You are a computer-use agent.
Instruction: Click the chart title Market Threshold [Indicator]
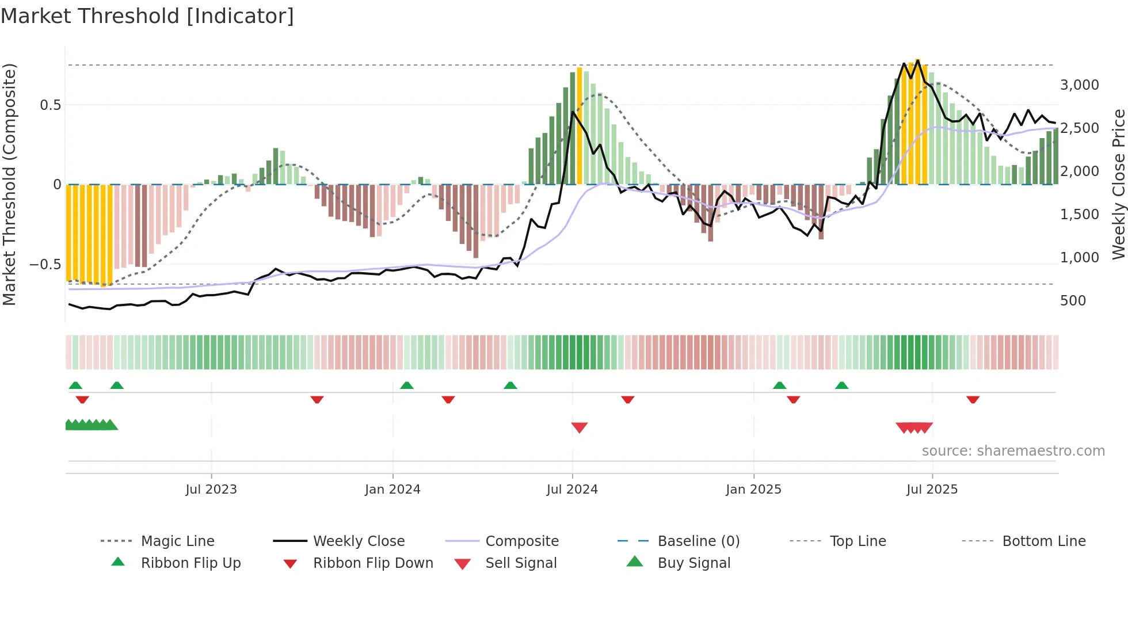point(147,16)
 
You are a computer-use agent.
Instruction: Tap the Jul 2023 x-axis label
point(211,490)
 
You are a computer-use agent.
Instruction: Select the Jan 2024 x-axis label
point(392,490)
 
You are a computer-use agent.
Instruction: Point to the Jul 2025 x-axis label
point(932,490)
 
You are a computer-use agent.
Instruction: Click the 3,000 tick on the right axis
point(1079,85)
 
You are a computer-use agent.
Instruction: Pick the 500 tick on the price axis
point(1073,301)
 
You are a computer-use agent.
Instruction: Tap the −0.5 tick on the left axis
point(45,265)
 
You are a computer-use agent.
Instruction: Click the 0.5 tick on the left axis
point(50,105)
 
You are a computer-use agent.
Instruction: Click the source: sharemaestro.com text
point(1013,451)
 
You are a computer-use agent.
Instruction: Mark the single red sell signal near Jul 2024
point(579,427)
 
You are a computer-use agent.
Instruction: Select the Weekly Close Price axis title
point(1118,184)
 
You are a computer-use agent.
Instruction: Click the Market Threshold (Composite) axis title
point(9,184)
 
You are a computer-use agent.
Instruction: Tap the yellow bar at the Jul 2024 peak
point(579,127)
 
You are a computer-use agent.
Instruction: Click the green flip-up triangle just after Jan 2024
point(407,385)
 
